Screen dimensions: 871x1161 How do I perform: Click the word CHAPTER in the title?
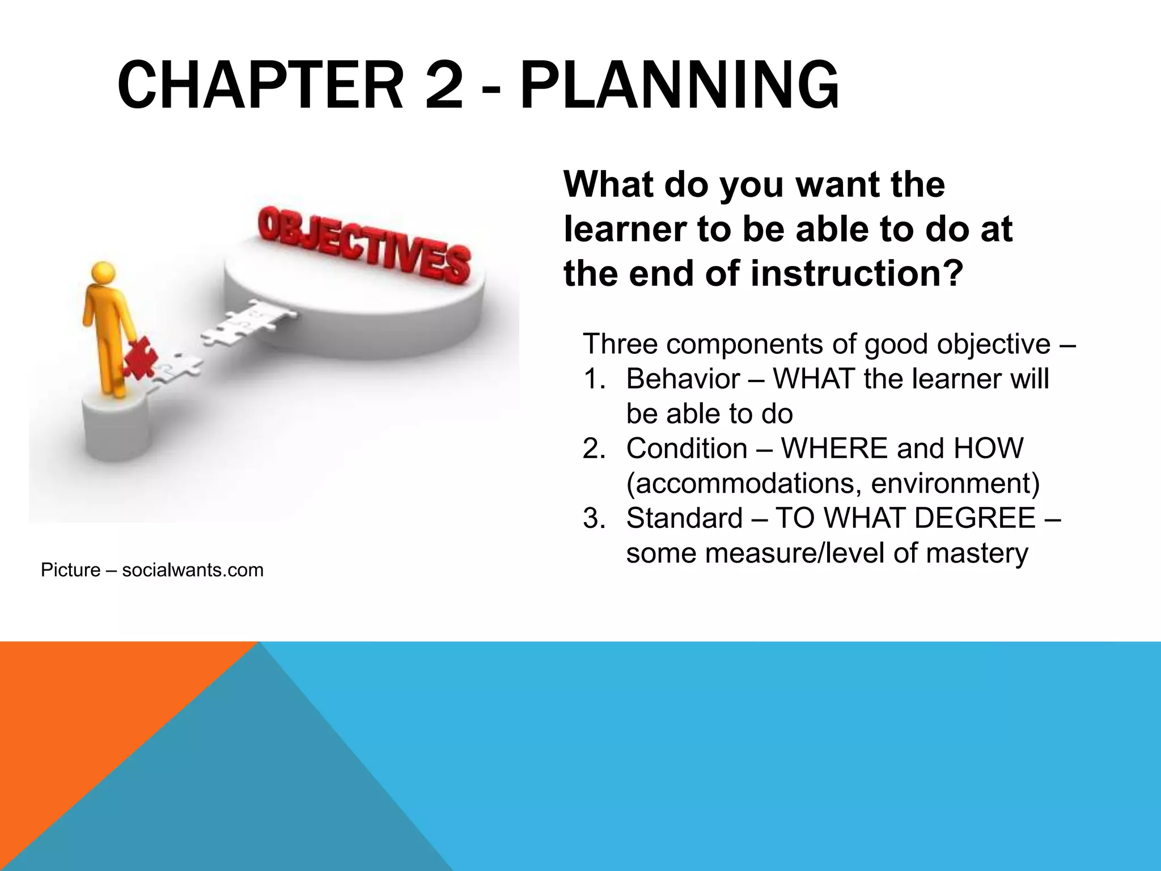tap(260, 86)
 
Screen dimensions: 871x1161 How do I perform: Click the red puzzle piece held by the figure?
tap(140, 357)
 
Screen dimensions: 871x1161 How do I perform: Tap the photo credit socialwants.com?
tap(193, 570)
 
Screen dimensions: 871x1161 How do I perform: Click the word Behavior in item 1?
tap(683, 379)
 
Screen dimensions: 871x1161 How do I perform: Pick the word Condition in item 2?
tap(687, 449)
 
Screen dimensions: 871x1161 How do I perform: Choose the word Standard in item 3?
tap(684, 518)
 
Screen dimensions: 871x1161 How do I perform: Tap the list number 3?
tap(594, 518)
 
